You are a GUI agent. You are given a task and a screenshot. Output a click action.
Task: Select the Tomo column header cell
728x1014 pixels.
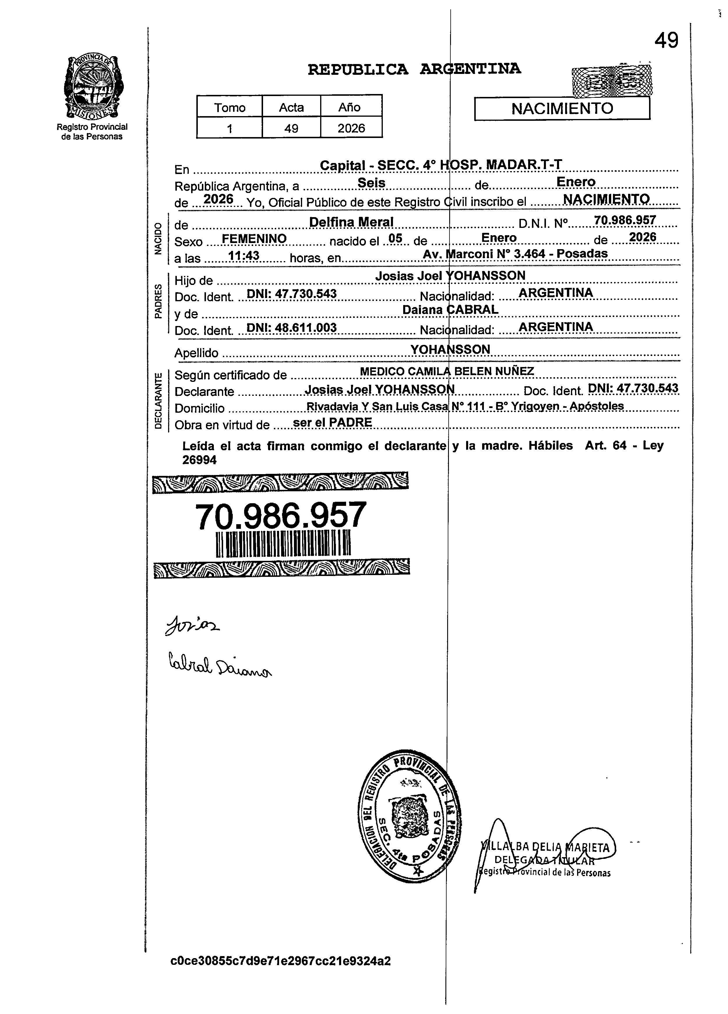tap(230, 107)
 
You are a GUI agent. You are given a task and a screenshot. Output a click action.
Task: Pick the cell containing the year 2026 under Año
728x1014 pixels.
tap(351, 129)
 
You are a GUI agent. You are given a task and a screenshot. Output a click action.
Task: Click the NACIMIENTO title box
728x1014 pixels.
tap(562, 109)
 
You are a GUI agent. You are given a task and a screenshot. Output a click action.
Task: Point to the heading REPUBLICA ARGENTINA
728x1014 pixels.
tap(414, 69)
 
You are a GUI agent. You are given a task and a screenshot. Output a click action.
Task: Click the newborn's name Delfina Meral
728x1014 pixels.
tap(351, 222)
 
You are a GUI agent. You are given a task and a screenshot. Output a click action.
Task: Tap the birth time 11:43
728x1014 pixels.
tap(244, 256)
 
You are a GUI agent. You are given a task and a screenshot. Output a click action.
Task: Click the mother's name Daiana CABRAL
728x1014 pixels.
tap(450, 309)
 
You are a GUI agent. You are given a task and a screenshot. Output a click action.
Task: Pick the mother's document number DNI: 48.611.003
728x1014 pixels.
tap(291, 328)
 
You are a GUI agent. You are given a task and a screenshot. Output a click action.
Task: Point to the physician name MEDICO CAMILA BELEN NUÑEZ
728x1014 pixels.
tap(447, 371)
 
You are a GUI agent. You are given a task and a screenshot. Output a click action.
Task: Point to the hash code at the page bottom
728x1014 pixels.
tap(281, 961)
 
